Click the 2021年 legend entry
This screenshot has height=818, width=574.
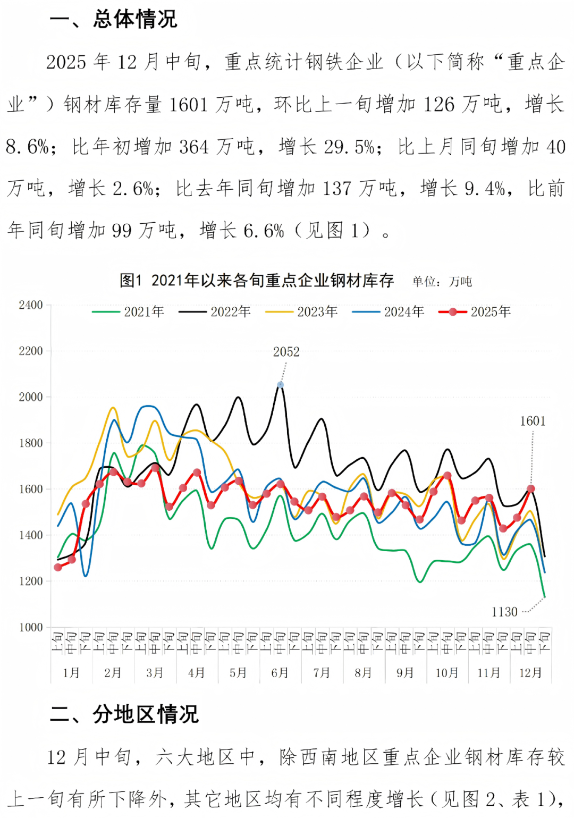tap(128, 311)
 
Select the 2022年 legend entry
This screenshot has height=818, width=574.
tap(215, 311)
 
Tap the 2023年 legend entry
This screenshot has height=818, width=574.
tap(301, 311)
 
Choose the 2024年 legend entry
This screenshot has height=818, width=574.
tap(388, 311)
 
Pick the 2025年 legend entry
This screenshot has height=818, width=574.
tap(475, 311)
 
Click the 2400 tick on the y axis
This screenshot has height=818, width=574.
tap(31, 305)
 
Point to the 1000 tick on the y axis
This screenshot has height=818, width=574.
tap(31, 627)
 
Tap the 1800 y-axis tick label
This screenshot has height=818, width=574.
tap(31, 443)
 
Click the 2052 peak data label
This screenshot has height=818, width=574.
tap(286, 352)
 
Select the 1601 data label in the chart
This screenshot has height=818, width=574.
tap(533, 421)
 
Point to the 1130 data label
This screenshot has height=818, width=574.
tap(504, 612)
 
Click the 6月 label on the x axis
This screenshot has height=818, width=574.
tap(280, 673)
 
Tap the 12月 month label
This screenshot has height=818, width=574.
tap(530, 673)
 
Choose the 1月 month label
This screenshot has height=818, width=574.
tap(71, 673)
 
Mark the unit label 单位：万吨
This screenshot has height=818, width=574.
tap(442, 281)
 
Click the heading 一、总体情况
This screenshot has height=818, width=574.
tap(113, 20)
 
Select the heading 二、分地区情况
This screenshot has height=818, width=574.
tap(124, 714)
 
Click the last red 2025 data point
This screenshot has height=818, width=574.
tap(530, 488)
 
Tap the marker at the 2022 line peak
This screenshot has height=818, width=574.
tap(280, 384)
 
